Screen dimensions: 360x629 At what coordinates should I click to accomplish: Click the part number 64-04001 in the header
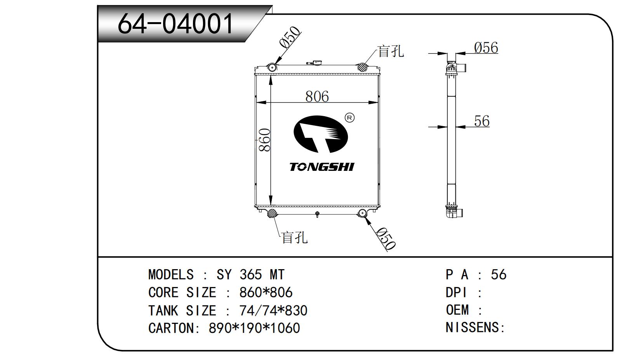(175, 23)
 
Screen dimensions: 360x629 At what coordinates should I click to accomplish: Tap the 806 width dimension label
(317, 96)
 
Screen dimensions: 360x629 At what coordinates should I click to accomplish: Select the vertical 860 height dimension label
(264, 140)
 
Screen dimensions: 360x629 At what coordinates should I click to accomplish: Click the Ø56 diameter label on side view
(486, 48)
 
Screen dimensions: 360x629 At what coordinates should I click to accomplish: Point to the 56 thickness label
(481, 121)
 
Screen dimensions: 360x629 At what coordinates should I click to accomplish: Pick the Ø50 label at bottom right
(386, 238)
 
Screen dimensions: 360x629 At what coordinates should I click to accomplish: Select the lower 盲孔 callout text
(294, 237)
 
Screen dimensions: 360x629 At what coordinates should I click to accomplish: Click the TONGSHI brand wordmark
(321, 167)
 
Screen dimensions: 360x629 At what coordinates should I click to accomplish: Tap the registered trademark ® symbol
(349, 117)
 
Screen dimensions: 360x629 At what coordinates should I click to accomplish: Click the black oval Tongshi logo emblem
(320, 134)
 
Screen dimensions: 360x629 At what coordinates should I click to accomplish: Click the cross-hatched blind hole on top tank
(363, 67)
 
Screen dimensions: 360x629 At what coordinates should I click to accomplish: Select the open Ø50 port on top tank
(273, 68)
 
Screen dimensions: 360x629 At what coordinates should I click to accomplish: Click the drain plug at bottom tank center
(317, 214)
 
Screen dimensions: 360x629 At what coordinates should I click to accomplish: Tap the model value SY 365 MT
(250, 275)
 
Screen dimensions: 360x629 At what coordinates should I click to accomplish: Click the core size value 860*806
(266, 292)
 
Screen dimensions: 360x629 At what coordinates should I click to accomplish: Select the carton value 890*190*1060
(254, 328)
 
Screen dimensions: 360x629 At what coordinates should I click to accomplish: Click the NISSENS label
(474, 327)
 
